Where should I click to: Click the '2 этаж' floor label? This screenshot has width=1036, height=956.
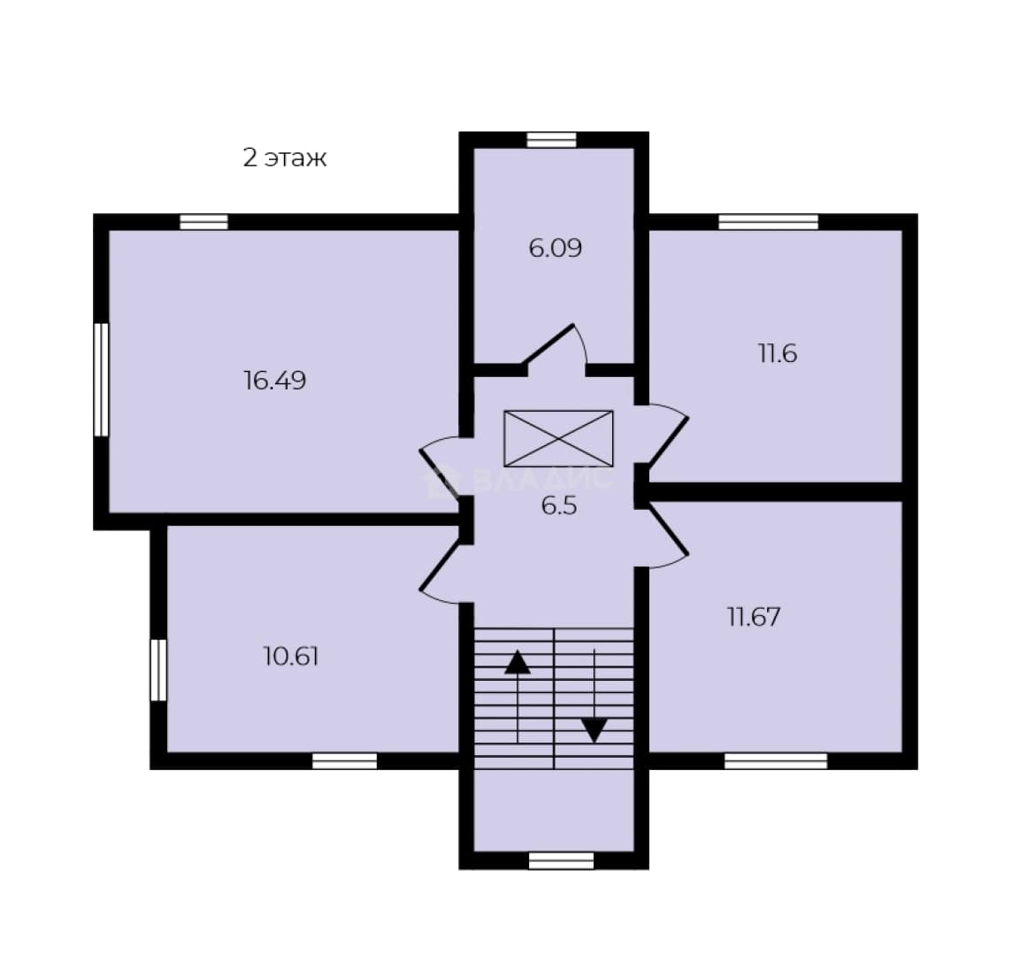click(x=285, y=158)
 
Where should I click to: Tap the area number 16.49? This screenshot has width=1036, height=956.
click(x=275, y=381)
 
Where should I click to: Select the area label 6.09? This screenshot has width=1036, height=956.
click(x=556, y=249)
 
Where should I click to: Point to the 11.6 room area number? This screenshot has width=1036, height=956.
click(x=778, y=354)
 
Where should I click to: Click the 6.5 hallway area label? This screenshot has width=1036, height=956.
click(x=559, y=506)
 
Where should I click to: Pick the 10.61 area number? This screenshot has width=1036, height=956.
click(x=291, y=657)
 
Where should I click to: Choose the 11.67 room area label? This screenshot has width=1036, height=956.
click(x=754, y=617)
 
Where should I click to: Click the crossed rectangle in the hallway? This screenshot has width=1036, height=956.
click(x=559, y=438)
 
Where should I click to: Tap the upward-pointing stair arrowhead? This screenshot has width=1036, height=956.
click(x=518, y=662)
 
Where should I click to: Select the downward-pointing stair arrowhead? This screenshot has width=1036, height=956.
click(x=595, y=730)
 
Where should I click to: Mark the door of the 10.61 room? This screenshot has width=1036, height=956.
click(x=440, y=573)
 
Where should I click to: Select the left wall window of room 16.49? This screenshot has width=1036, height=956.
click(x=101, y=380)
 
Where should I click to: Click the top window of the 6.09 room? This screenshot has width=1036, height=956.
click(x=552, y=140)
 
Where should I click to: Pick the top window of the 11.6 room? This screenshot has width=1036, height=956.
click(x=769, y=221)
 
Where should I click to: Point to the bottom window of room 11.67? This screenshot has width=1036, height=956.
click(x=776, y=761)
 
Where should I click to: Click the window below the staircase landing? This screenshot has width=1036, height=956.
click(x=562, y=860)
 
